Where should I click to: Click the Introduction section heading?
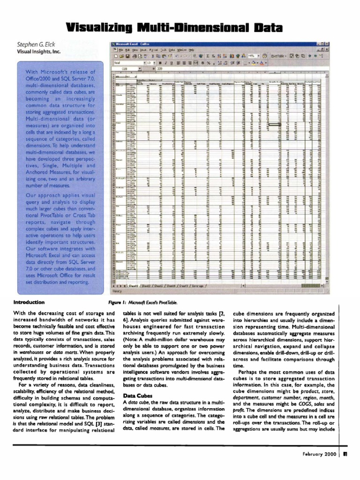pyautogui.click(x=30, y=302)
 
